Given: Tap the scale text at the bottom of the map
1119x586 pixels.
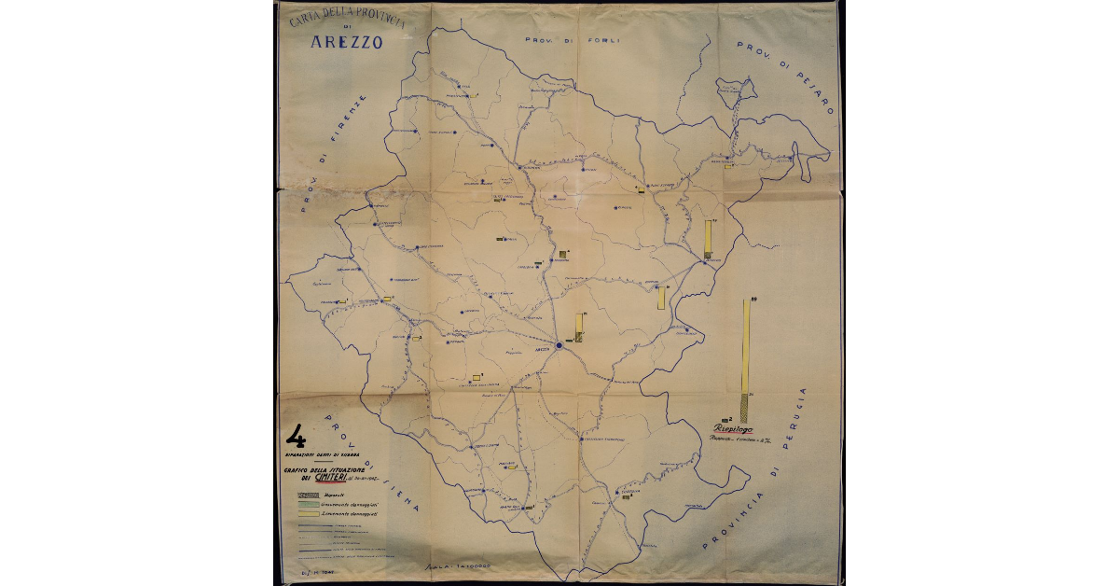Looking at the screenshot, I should tap(458, 565).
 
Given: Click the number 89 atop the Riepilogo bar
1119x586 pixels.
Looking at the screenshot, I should tap(753, 298).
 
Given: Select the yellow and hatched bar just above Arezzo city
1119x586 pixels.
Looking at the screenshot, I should tap(579, 328).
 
